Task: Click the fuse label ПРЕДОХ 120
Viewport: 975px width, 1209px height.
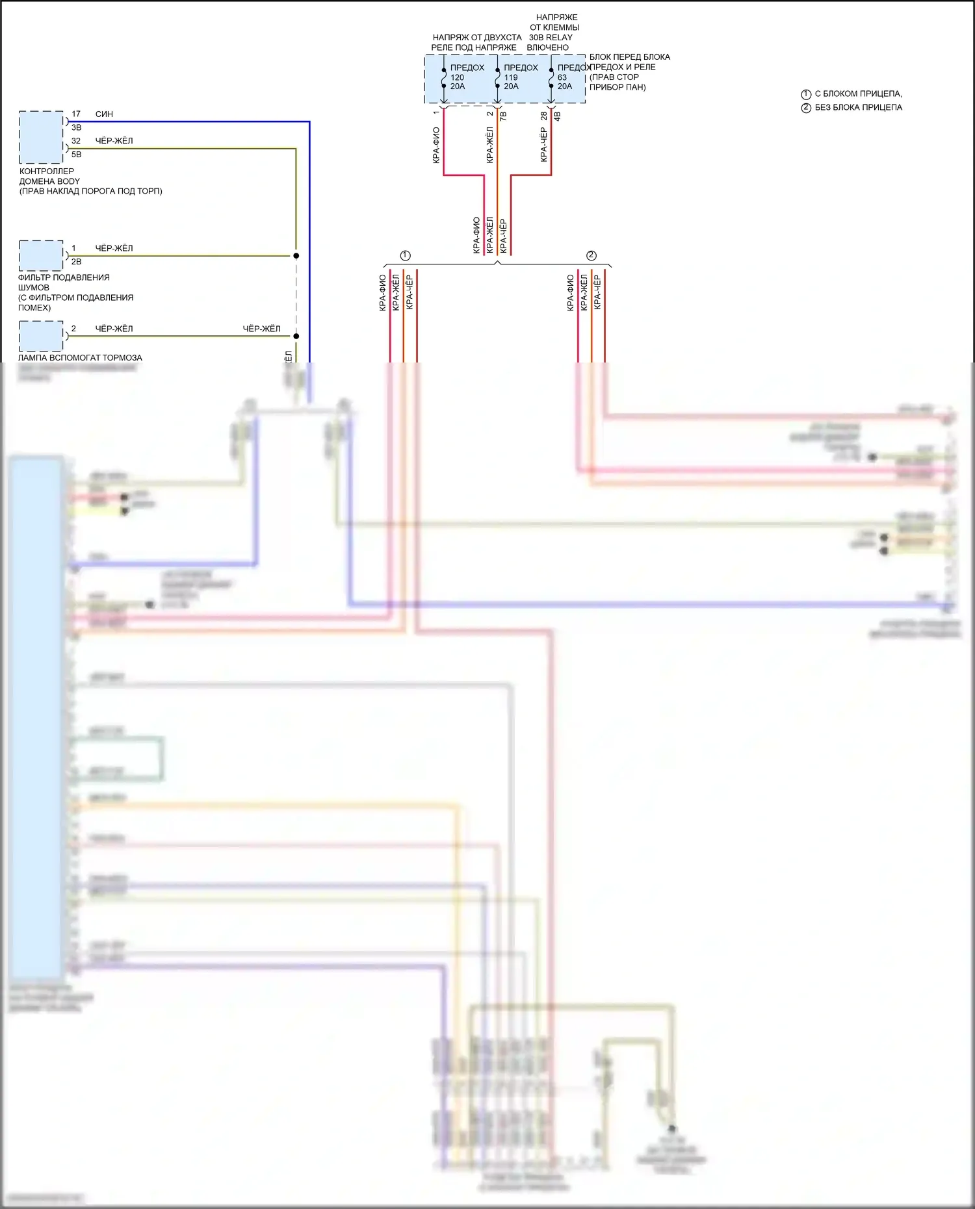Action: [466, 72]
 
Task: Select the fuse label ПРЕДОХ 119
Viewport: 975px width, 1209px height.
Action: [520, 72]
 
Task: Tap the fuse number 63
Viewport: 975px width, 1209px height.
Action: [562, 77]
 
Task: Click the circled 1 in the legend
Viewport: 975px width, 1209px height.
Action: [806, 94]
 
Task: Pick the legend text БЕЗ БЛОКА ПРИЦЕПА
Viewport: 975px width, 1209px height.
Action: [858, 108]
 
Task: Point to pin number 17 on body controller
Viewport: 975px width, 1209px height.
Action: [76, 114]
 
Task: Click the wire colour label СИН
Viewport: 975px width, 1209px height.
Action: [104, 114]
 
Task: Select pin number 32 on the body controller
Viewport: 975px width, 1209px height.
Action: [76, 141]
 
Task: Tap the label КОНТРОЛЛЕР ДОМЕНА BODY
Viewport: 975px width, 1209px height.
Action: [49, 177]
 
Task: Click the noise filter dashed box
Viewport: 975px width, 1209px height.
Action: [41, 255]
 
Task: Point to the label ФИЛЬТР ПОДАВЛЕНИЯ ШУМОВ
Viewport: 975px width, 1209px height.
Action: [64, 283]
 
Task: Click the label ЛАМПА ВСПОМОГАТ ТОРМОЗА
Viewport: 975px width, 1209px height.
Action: [80, 358]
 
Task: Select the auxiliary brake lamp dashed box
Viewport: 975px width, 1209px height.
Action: [41, 336]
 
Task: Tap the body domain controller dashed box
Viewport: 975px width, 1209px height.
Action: [41, 137]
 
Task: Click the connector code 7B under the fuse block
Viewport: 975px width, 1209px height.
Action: [503, 116]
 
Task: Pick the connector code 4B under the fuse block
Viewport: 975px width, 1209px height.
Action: [557, 116]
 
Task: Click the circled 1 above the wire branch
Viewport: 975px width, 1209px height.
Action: [406, 255]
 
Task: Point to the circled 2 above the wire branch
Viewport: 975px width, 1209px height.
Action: [591, 255]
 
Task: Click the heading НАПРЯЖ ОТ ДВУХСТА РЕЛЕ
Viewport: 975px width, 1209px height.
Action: [476, 42]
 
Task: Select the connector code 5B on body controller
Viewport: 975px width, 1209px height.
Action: [77, 155]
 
